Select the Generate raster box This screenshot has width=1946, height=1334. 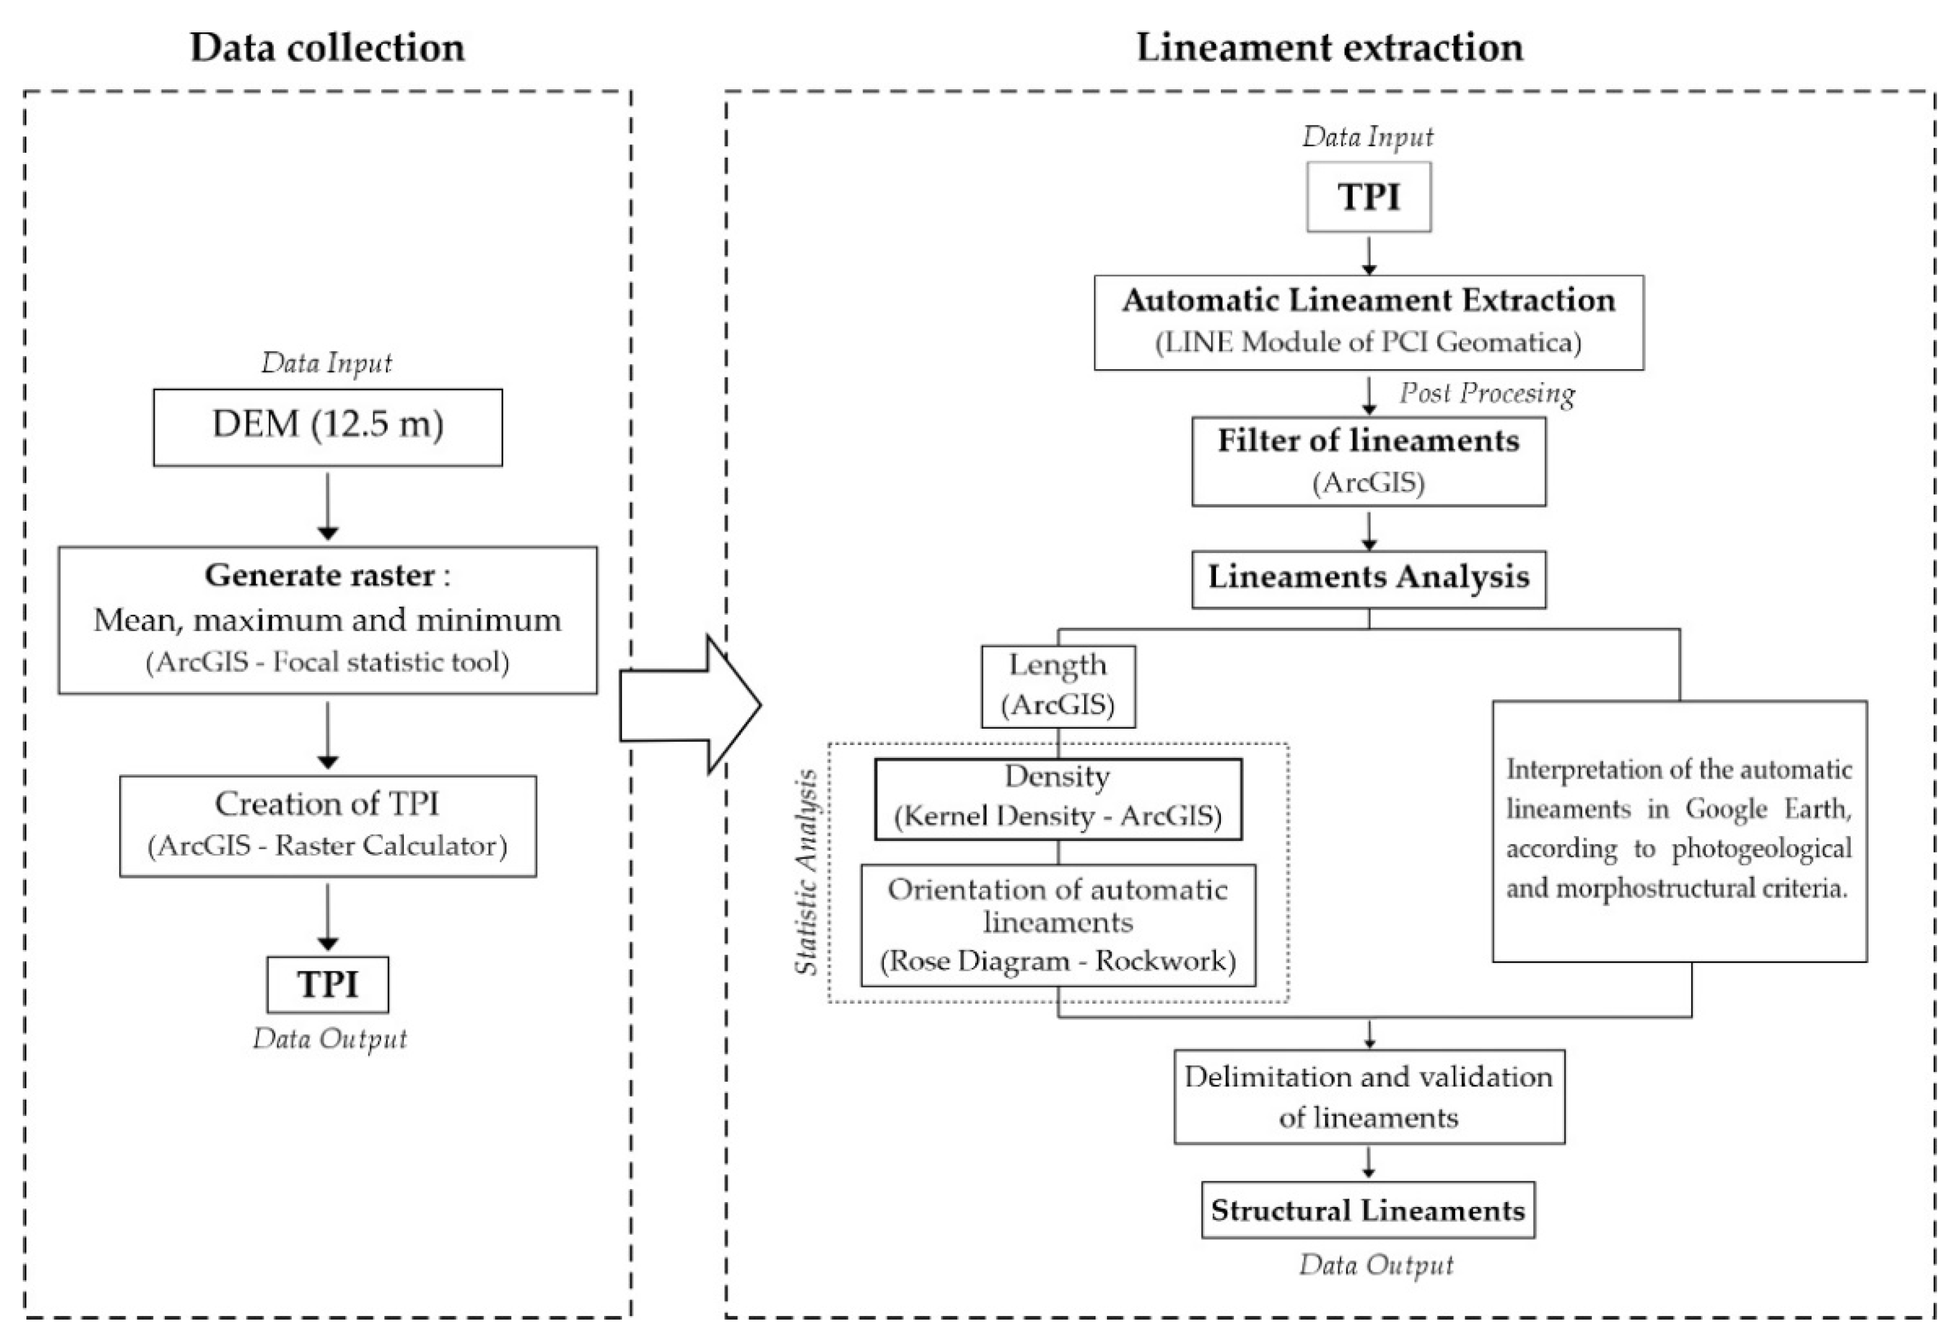327,620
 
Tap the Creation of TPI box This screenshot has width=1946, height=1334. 327,826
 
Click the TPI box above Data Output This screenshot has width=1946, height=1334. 327,984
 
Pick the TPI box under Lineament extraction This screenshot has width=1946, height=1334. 1368,197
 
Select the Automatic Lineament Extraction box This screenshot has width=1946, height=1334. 1368,322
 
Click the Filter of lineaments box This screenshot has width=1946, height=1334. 1368,461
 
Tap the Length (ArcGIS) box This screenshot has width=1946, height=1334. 1058,686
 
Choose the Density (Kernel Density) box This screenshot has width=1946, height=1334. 1058,799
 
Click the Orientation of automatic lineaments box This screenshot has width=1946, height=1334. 1058,925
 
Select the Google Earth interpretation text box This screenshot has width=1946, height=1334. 1679,831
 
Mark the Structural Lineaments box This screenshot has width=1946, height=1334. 1368,1210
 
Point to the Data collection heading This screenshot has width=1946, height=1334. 327,47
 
